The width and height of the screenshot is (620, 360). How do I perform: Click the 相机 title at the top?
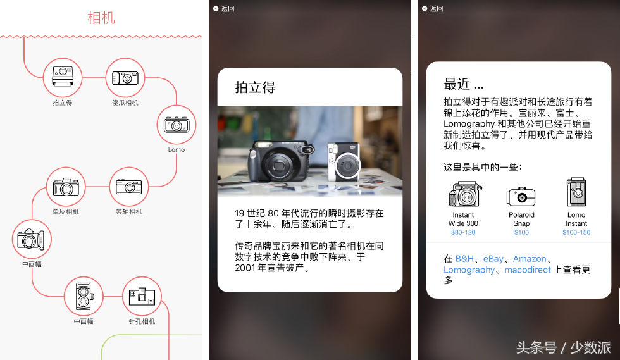pyautogui.click(x=101, y=18)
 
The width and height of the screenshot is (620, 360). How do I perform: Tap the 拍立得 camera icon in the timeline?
pyautogui.click(x=63, y=78)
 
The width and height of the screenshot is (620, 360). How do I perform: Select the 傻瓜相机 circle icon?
pyautogui.click(x=125, y=78)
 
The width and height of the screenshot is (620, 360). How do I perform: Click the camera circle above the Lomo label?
pyautogui.click(x=177, y=125)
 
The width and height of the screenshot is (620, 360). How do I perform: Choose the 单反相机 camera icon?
pyautogui.click(x=66, y=187)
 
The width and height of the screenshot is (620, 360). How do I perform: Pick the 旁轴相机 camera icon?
pyautogui.click(x=129, y=187)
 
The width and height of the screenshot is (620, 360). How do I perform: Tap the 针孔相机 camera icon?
pyautogui.click(x=142, y=296)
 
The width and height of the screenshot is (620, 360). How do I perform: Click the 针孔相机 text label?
pyautogui.click(x=142, y=321)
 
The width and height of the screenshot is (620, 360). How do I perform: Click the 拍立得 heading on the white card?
pyautogui.click(x=255, y=87)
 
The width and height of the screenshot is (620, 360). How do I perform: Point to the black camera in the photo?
pyautogui.click(x=281, y=161)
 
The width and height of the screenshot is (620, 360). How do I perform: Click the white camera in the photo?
pyautogui.click(x=344, y=162)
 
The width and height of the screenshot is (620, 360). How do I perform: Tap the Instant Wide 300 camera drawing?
pyautogui.click(x=465, y=194)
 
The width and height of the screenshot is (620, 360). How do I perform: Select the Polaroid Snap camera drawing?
pyautogui.click(x=521, y=196)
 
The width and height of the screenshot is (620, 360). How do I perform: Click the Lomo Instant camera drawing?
pyautogui.click(x=576, y=192)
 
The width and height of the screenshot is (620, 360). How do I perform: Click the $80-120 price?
pyautogui.click(x=463, y=232)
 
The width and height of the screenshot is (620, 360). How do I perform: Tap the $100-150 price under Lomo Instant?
pyautogui.click(x=576, y=232)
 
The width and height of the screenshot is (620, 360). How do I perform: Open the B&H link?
pyautogui.click(x=464, y=259)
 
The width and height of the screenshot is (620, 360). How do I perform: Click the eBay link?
pyautogui.click(x=493, y=259)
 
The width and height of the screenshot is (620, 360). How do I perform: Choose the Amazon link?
pyautogui.click(x=530, y=259)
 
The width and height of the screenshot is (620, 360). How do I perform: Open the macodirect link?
pyautogui.click(x=528, y=270)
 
